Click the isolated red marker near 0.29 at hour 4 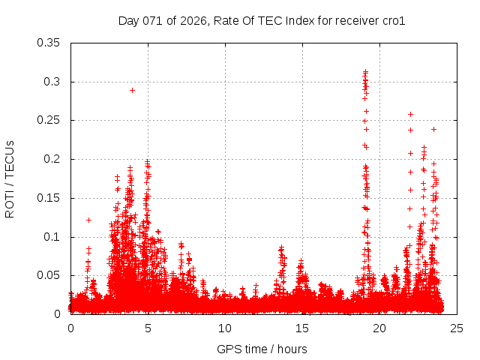132,90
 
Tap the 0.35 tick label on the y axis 49,43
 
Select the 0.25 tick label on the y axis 49,120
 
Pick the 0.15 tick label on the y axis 49,198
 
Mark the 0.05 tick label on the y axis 49,275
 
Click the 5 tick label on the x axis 148,328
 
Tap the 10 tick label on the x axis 225,328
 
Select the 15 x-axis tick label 302,328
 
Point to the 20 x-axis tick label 379,328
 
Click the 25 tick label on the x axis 457,328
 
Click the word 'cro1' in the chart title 393,21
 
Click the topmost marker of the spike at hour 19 365,72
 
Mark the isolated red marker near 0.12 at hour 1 88,220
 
